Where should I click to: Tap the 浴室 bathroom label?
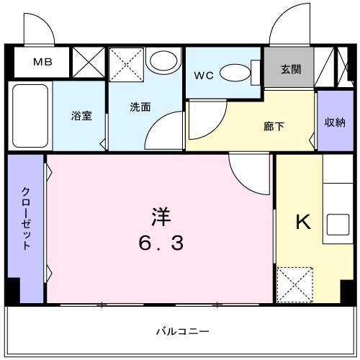(81, 115)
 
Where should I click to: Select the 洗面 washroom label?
(140, 107)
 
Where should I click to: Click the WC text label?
(203, 73)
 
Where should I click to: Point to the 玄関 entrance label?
(290, 70)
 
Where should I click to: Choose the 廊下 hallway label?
(274, 126)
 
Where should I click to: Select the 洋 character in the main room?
(161, 216)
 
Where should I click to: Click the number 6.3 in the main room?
(161, 243)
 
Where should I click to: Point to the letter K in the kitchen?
(304, 222)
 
